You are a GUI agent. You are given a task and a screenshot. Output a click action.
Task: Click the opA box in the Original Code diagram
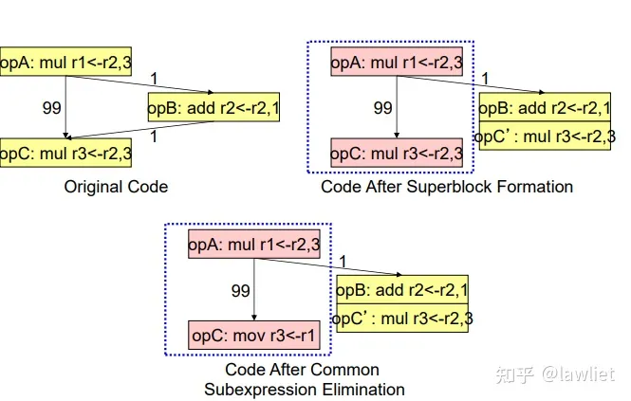pos(65,64)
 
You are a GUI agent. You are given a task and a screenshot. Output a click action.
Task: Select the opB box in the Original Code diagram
pos(213,108)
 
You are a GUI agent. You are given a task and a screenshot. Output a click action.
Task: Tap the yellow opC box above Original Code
pos(65,152)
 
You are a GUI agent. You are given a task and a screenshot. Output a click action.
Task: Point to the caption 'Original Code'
pos(116,187)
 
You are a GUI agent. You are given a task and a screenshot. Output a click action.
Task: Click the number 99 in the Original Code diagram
pos(52,108)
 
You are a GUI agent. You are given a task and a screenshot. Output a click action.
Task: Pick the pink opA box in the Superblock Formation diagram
pos(397,64)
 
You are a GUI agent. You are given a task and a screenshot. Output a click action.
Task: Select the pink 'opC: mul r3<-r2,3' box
pos(397,152)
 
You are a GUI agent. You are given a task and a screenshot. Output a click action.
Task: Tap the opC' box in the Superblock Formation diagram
pos(545,137)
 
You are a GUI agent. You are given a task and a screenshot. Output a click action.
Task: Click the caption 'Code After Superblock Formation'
pos(447,187)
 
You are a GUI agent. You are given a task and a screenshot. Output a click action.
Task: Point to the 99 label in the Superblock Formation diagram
pos(382,108)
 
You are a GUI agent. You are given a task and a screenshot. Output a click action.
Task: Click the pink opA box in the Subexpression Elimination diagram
pos(253,246)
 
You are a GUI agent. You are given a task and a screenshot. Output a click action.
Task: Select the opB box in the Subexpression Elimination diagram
pos(402,290)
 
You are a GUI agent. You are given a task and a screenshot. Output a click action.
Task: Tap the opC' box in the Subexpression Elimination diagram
pos(402,319)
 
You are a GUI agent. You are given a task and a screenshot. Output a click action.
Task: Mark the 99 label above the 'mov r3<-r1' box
pos(241,290)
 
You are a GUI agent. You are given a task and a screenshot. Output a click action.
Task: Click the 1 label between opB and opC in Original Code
pos(155,135)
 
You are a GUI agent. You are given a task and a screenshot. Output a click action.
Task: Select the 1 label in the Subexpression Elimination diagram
pos(343,260)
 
